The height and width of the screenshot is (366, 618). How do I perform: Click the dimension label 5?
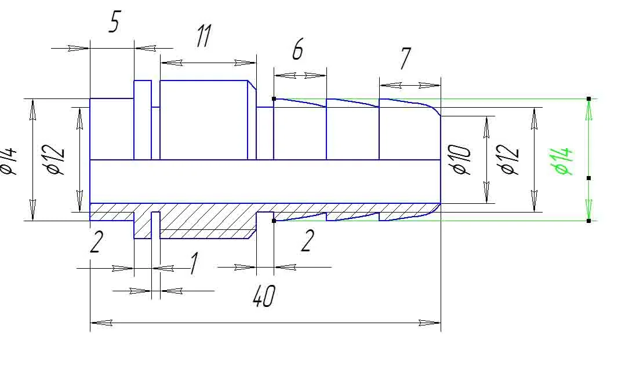point(114,21)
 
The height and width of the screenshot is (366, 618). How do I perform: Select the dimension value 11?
point(204,36)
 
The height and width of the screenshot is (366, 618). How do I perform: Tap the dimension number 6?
point(298,50)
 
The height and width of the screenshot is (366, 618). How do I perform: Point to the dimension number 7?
point(405,58)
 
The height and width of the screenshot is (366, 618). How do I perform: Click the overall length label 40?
point(264,296)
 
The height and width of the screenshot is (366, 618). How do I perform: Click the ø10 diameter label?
point(461,160)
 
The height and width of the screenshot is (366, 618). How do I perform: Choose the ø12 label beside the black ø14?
point(55,160)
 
